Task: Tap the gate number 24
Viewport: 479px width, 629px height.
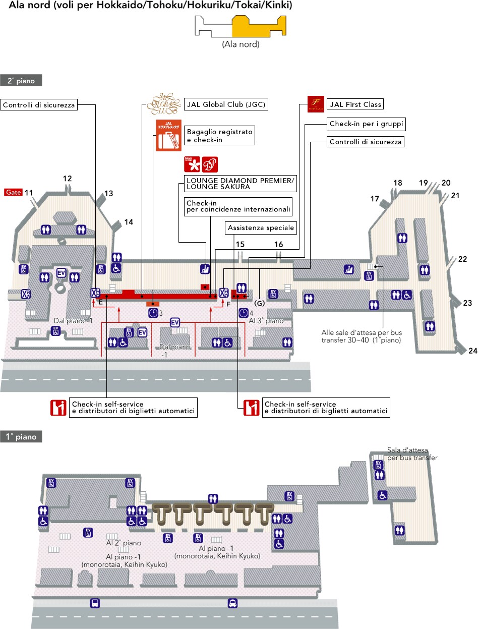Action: coord(472,351)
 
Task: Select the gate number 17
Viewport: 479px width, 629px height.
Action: coord(375,199)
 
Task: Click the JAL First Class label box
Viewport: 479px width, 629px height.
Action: coord(355,104)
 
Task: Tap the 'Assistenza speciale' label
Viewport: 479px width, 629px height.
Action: coord(261,228)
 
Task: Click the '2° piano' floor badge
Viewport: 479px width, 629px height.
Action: coord(21,80)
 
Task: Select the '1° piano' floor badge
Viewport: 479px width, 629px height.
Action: coord(21,437)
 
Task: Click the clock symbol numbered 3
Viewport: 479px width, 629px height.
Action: coord(153,313)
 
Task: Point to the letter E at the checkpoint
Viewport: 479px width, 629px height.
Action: coord(100,303)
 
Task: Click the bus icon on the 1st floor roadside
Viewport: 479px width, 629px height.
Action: coord(94,603)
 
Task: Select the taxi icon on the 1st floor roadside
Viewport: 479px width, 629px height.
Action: coord(232,603)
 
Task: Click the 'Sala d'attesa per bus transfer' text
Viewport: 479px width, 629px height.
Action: coord(412,454)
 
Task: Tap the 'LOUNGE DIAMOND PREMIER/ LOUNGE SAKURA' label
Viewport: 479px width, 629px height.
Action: coord(240,184)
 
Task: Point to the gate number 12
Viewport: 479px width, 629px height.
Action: coord(68,178)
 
